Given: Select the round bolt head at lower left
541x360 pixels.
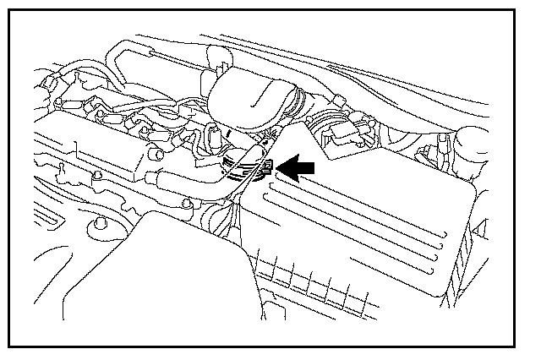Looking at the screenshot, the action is pyautogui.click(x=100, y=225).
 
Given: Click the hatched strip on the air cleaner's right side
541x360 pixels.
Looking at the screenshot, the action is pyautogui.click(x=469, y=245).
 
